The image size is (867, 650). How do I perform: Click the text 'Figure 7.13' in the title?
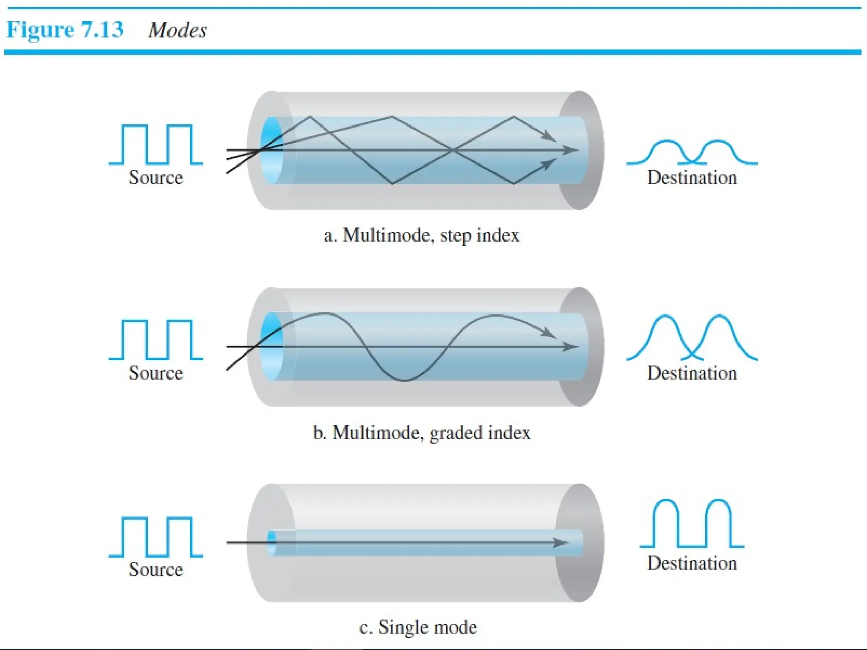click(x=65, y=30)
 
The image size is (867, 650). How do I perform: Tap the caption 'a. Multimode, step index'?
click(x=421, y=235)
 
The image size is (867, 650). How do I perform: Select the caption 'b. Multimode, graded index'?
click(x=421, y=433)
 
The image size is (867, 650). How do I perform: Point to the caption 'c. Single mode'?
click(x=418, y=627)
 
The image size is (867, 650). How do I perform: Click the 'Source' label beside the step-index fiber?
click(x=156, y=177)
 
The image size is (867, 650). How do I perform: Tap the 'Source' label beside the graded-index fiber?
click(x=156, y=373)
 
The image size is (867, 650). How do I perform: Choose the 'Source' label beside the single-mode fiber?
click(x=156, y=569)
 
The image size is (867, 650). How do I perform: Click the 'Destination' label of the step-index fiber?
click(x=692, y=177)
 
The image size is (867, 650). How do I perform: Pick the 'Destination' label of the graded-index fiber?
click(x=692, y=373)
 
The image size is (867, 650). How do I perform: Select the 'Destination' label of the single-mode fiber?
click(x=692, y=563)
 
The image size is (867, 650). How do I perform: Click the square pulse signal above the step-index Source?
click(x=156, y=144)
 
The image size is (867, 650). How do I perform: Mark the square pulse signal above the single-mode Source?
click(x=156, y=537)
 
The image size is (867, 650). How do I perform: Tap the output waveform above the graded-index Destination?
click(x=692, y=338)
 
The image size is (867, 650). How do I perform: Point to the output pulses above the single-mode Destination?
click(x=692, y=524)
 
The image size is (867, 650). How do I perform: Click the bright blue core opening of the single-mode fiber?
click(x=271, y=543)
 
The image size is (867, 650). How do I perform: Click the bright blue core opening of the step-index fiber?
click(x=271, y=150)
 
